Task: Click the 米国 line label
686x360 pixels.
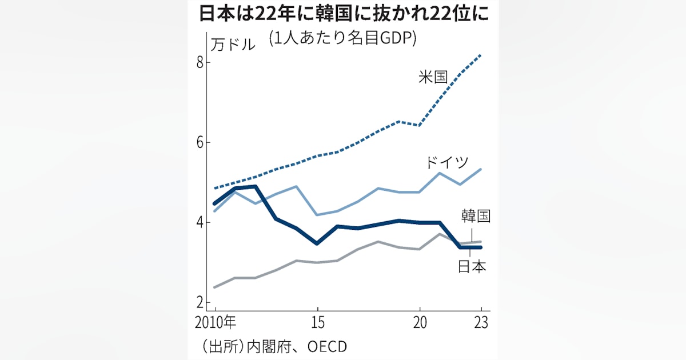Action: [x=433, y=77]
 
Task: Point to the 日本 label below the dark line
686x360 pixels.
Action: [x=472, y=266]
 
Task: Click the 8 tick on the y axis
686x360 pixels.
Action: [x=200, y=62]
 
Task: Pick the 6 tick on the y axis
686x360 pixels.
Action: [x=200, y=142]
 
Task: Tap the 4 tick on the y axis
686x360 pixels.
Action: [x=200, y=222]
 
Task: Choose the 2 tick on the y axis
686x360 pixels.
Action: [x=200, y=302]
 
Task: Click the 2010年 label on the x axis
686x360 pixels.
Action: [x=214, y=322]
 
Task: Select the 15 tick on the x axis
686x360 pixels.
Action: [x=317, y=322]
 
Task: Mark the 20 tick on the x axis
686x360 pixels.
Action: [x=420, y=322]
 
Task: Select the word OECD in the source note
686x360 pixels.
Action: [x=326, y=346]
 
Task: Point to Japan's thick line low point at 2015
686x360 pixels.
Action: [x=317, y=243]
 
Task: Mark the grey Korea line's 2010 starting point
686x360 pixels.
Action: [x=215, y=287]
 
